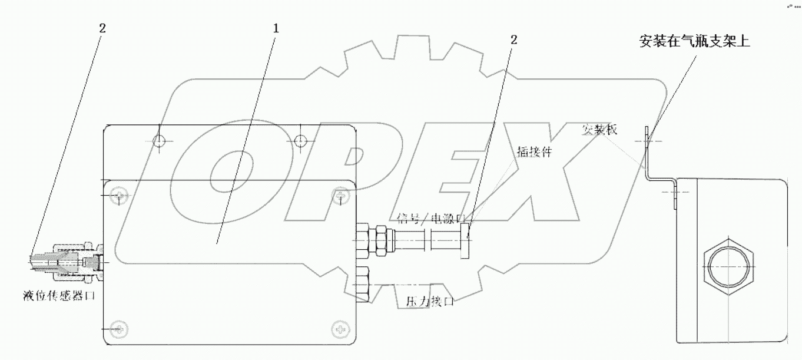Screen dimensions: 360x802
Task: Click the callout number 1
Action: coord(276,28)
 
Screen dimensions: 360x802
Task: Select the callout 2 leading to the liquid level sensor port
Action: coord(103,28)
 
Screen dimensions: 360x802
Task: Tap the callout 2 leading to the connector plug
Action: coord(514,40)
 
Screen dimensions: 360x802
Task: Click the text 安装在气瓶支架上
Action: coord(694,42)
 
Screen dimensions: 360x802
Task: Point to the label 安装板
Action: coord(599,130)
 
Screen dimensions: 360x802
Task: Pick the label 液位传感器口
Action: coord(58,295)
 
